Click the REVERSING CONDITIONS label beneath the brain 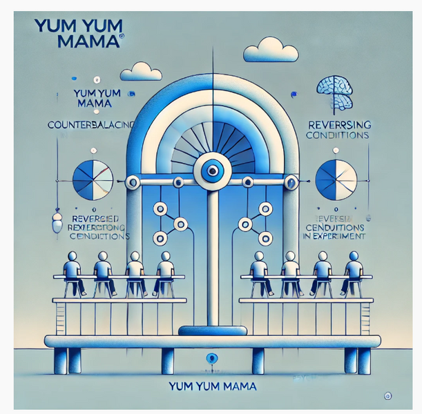click(x=338, y=129)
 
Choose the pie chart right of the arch click(x=335, y=180)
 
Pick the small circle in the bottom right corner click(x=386, y=396)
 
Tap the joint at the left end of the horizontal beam click(x=129, y=182)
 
